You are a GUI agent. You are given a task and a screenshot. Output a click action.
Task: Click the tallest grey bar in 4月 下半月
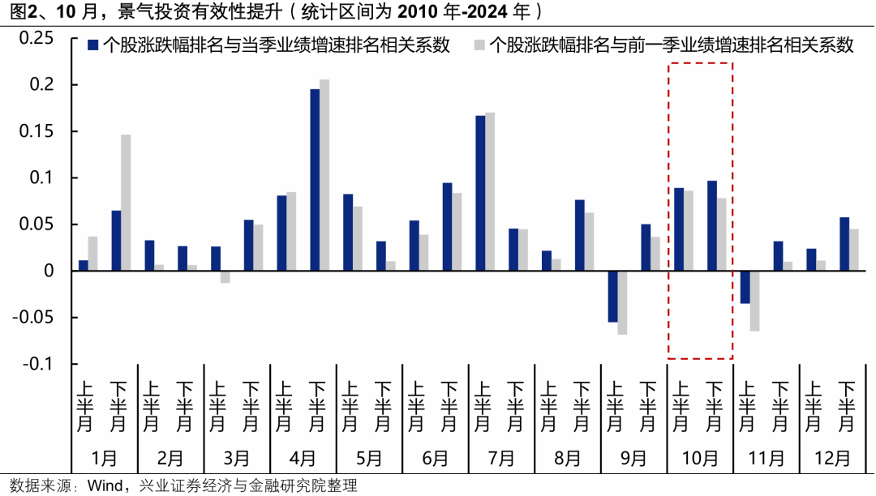[x=324, y=175]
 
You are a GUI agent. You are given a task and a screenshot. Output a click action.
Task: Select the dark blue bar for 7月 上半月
[x=480, y=193]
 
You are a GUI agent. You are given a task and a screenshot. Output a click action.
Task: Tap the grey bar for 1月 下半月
[x=126, y=203]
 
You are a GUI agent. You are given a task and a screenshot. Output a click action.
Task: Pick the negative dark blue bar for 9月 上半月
[x=612, y=297]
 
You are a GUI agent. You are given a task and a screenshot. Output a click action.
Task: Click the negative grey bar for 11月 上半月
[x=754, y=301]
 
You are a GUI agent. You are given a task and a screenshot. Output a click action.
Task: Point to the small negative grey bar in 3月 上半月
[x=225, y=276]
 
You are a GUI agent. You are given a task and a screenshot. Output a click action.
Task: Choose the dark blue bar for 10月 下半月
[x=712, y=225]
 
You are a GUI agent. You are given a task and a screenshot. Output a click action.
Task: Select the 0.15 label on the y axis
[x=36, y=131]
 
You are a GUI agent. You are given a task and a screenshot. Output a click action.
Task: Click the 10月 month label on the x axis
[x=699, y=458]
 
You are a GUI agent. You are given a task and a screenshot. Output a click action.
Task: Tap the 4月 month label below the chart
[x=303, y=458]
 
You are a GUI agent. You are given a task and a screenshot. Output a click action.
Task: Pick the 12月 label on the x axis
[x=832, y=458]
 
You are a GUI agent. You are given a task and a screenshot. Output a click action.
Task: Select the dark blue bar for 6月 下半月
[x=447, y=227]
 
